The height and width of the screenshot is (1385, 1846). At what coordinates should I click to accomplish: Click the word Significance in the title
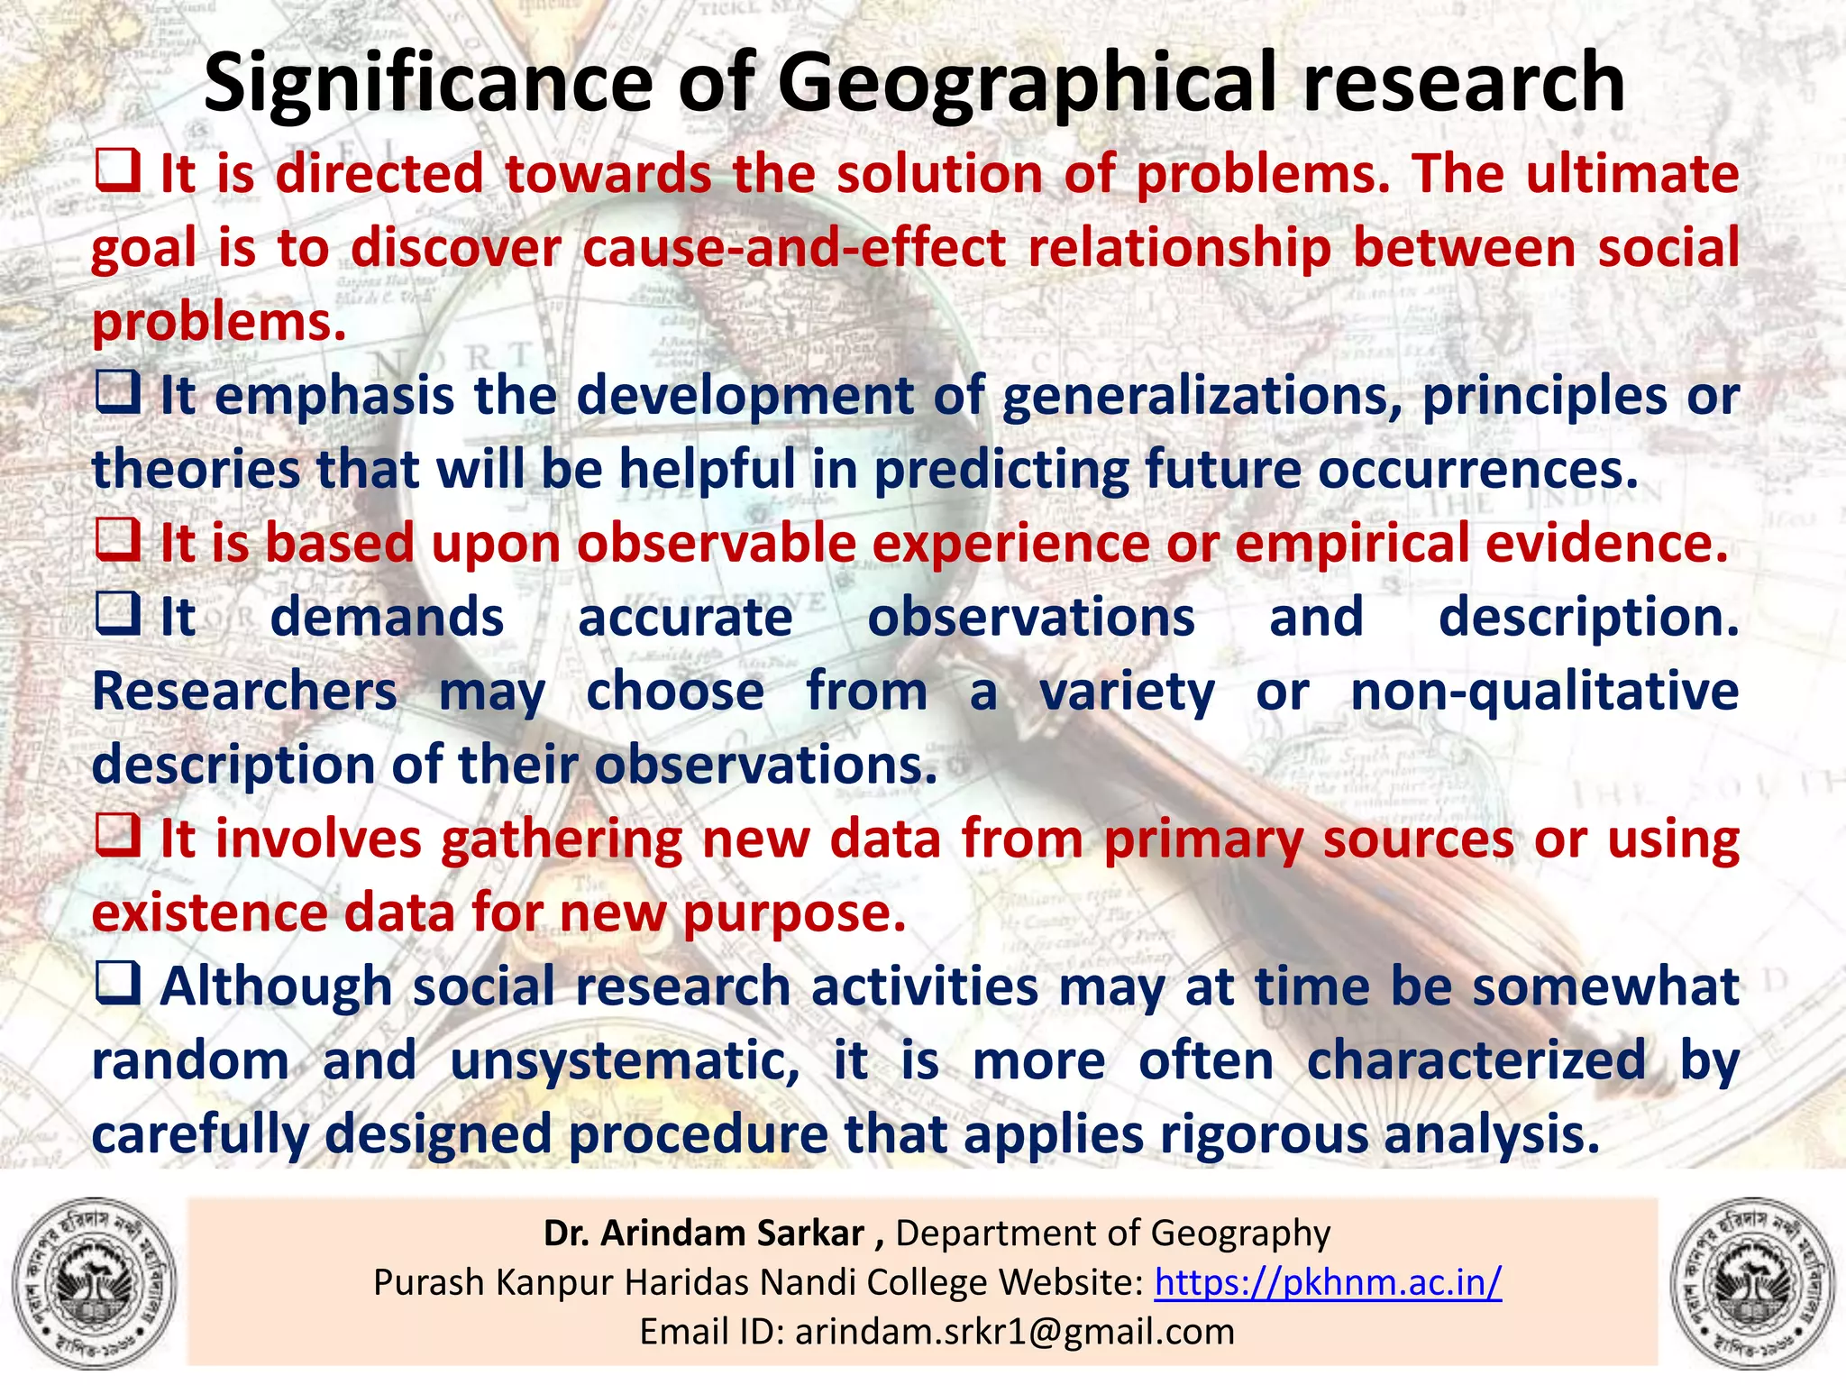(x=427, y=83)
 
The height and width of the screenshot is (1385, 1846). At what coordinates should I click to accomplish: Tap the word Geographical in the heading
(x=1028, y=83)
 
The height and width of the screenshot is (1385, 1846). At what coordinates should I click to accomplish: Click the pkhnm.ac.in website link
(x=1328, y=1281)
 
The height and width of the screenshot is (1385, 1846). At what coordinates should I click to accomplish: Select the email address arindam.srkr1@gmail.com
(x=1014, y=1331)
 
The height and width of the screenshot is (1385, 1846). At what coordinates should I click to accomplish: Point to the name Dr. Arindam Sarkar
(x=703, y=1233)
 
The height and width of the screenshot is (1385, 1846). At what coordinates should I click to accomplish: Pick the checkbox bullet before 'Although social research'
(x=117, y=983)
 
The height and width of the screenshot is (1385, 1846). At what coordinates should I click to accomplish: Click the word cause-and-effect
(x=794, y=247)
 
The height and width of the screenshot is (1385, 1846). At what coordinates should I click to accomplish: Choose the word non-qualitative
(x=1544, y=692)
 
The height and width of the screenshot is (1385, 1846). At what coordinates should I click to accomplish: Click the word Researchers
(x=244, y=692)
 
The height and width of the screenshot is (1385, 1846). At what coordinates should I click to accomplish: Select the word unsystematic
(x=624, y=1061)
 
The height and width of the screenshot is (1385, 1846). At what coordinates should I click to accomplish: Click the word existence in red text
(x=209, y=913)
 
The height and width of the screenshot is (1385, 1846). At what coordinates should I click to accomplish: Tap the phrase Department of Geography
(x=1112, y=1233)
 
